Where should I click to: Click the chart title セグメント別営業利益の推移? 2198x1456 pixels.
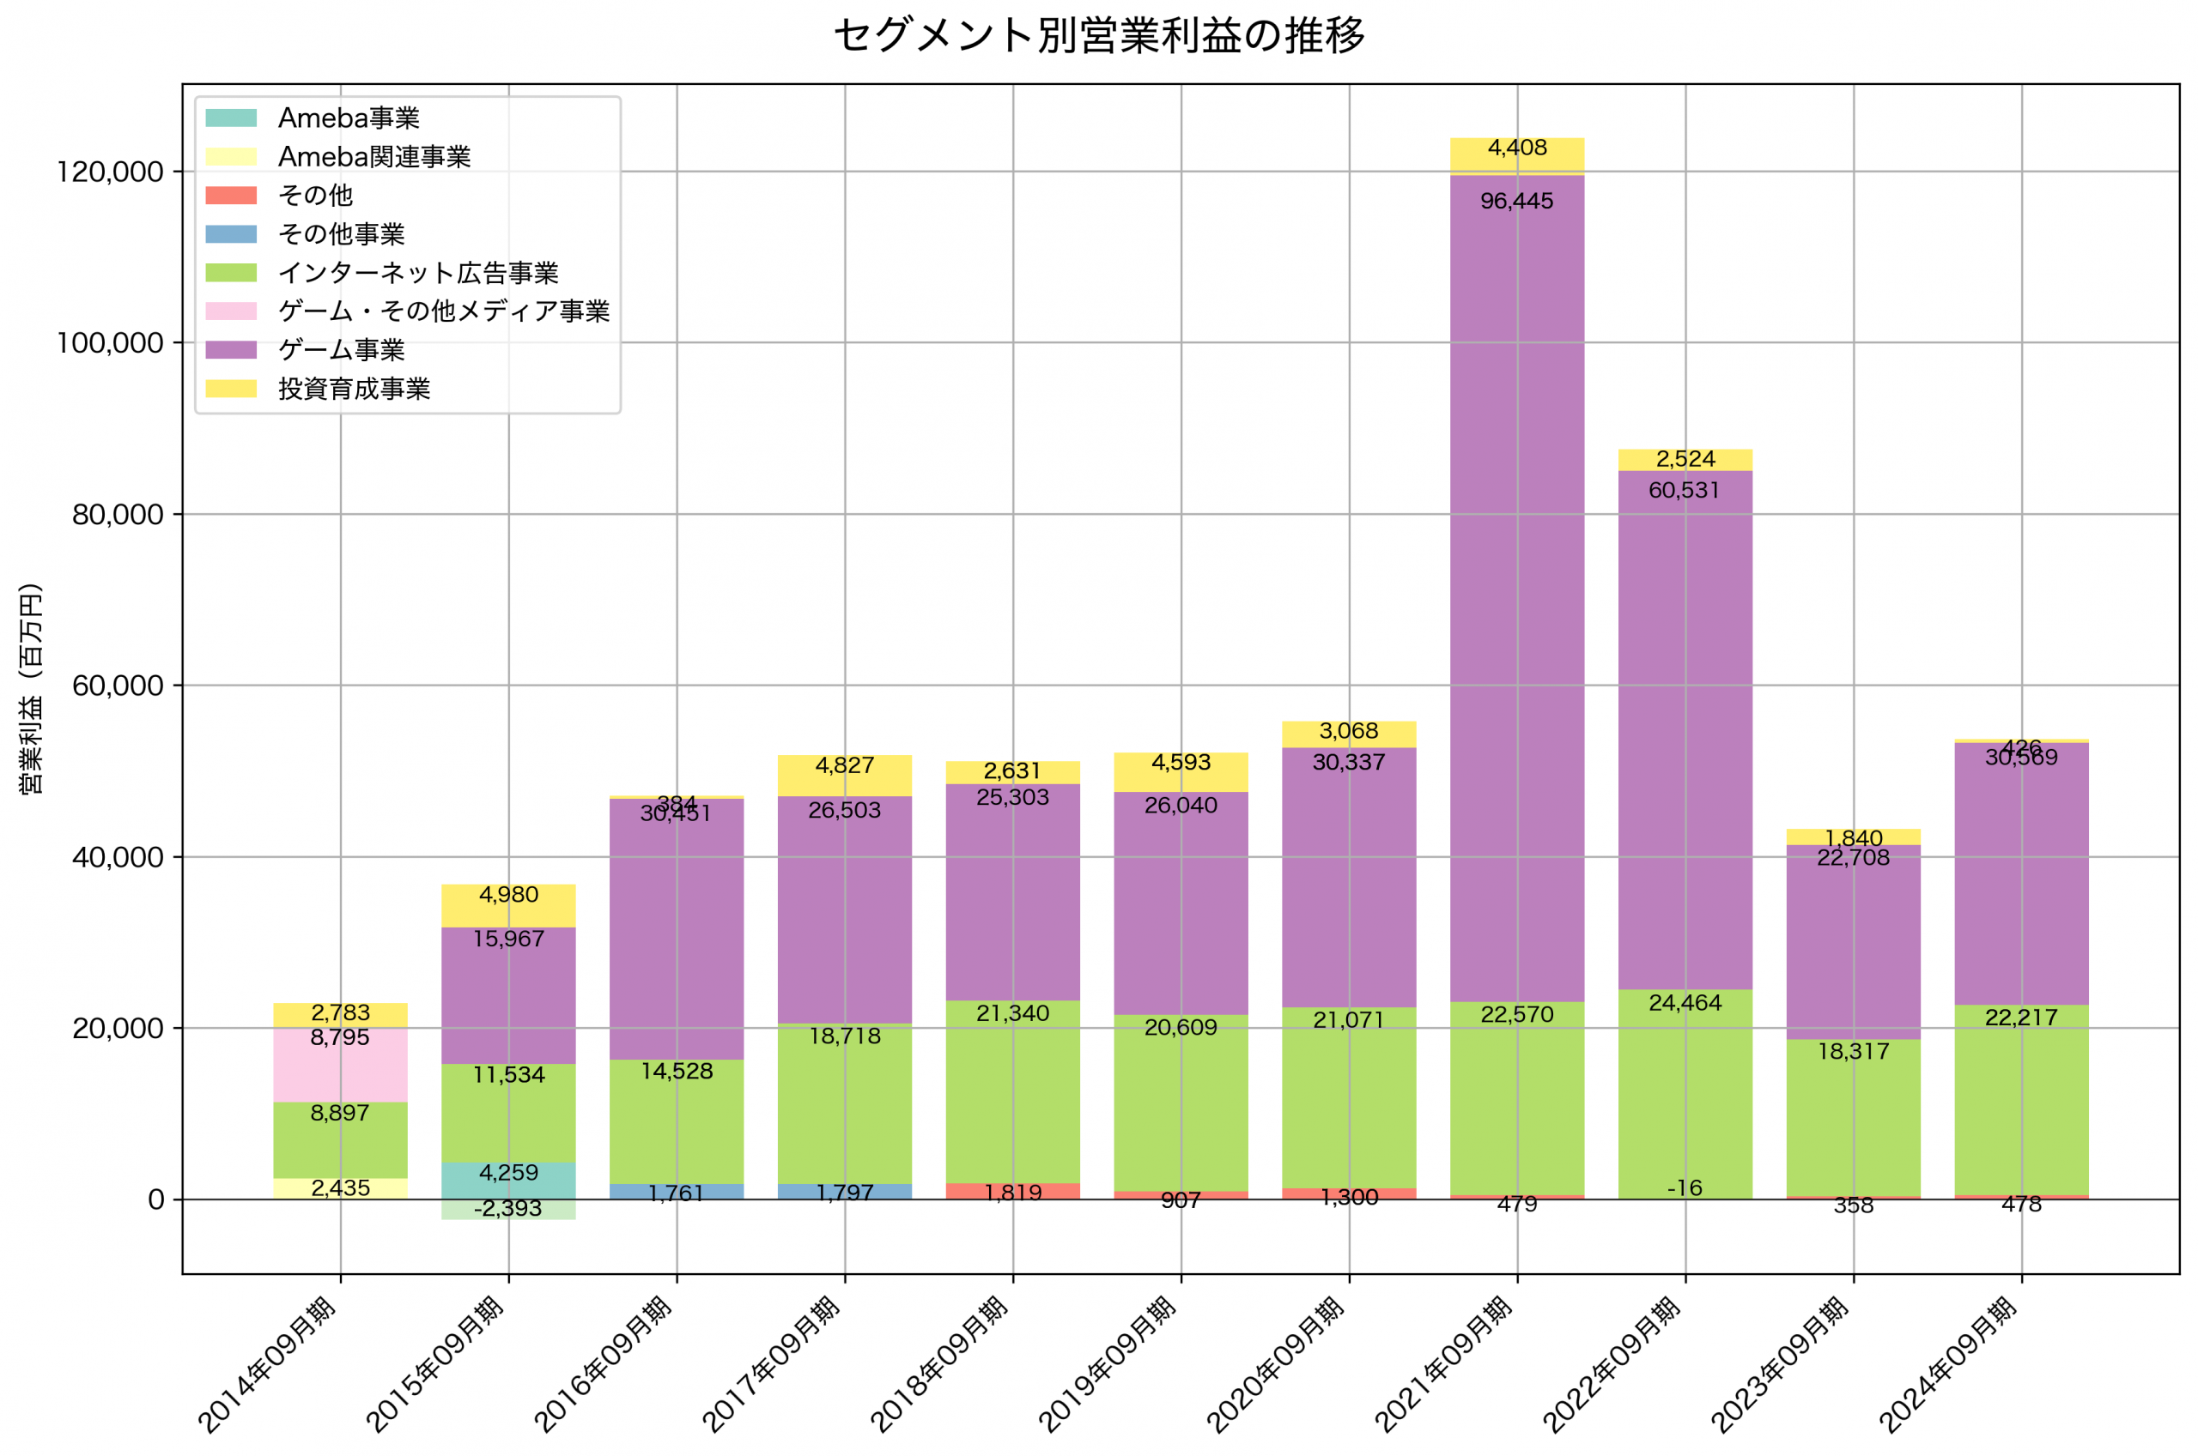[x=1099, y=35]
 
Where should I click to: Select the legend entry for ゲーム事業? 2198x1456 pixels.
[x=341, y=350]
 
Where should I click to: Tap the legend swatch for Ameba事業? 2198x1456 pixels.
[x=230, y=118]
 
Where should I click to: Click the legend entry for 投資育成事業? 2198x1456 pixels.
[x=354, y=389]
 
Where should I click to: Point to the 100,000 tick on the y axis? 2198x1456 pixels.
[x=110, y=343]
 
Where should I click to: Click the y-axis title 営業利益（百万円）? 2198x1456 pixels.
[x=31, y=688]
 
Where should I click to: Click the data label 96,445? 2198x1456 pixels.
[x=1516, y=202]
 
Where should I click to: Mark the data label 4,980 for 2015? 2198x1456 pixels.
[x=508, y=895]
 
